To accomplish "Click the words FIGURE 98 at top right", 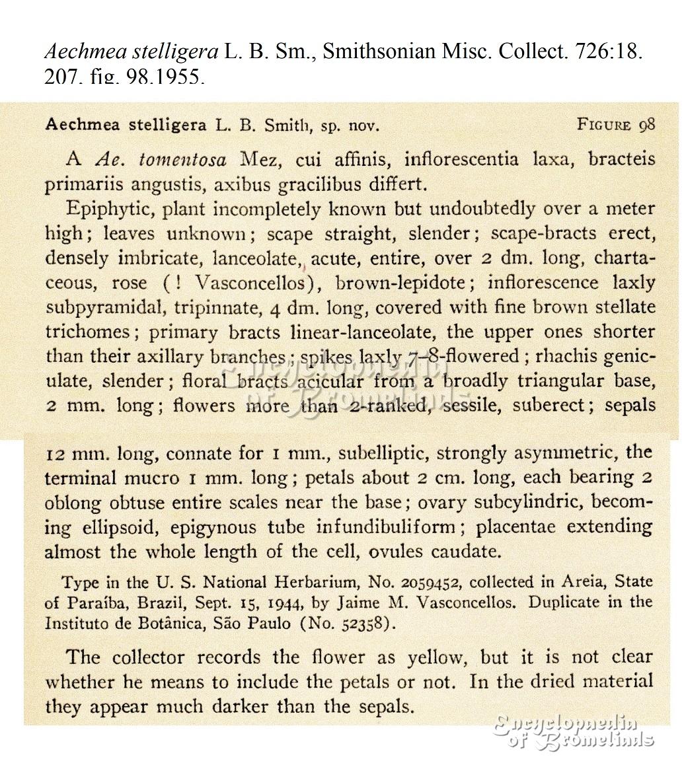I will pos(615,125).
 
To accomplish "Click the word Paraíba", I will pos(91,603).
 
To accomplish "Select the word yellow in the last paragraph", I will pos(436,657).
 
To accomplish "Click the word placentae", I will pos(515,527).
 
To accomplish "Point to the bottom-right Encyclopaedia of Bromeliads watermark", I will pos(574,731).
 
